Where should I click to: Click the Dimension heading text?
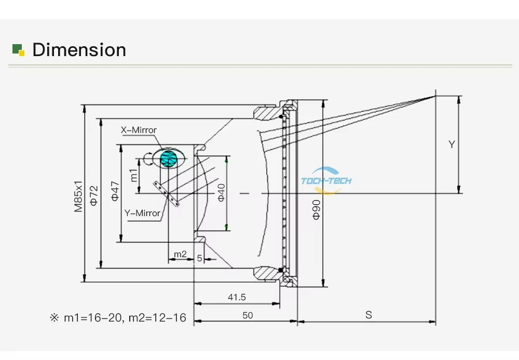pyautogui.click(x=79, y=50)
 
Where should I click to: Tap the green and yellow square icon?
pyautogui.click(x=19, y=50)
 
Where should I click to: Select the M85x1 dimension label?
pyautogui.click(x=78, y=196)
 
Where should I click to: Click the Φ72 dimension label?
pyautogui.click(x=94, y=195)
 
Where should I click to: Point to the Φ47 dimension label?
pyautogui.click(x=115, y=191)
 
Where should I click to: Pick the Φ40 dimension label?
pyautogui.click(x=221, y=192)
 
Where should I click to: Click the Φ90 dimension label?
pyautogui.click(x=317, y=209)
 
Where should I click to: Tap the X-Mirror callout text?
pyautogui.click(x=139, y=130)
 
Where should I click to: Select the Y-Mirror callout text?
pyautogui.click(x=142, y=213)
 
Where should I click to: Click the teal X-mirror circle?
pyautogui.click(x=169, y=159)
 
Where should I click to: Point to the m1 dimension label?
pyautogui.click(x=133, y=175)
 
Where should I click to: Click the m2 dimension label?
pyautogui.click(x=181, y=254)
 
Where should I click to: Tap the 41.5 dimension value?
pyautogui.click(x=237, y=297)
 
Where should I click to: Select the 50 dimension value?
pyautogui.click(x=248, y=315)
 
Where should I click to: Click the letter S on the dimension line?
pyautogui.click(x=368, y=315)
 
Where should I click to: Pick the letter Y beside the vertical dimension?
pyautogui.click(x=452, y=144)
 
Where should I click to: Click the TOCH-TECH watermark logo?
pyautogui.click(x=326, y=180)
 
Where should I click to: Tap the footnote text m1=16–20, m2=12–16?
pyautogui.click(x=125, y=317)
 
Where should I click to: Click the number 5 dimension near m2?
pyautogui.click(x=199, y=258)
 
